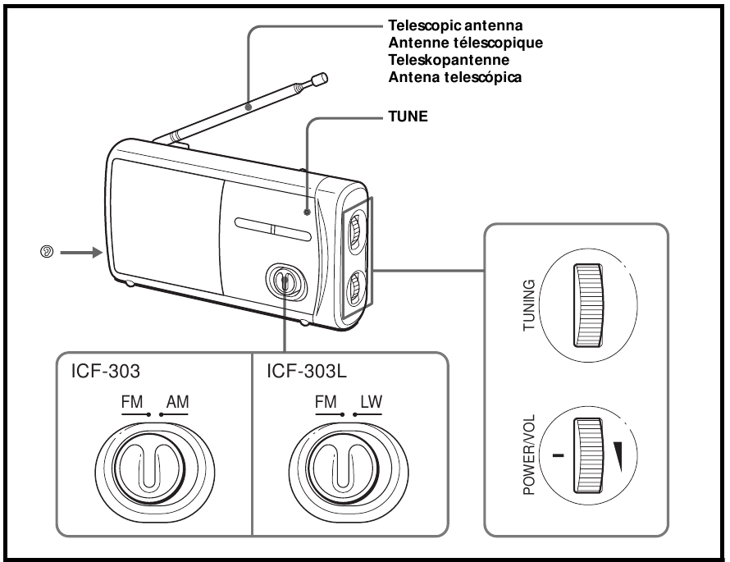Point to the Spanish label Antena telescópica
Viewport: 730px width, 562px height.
[x=440, y=77]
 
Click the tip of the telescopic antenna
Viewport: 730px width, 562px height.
[x=321, y=79]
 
